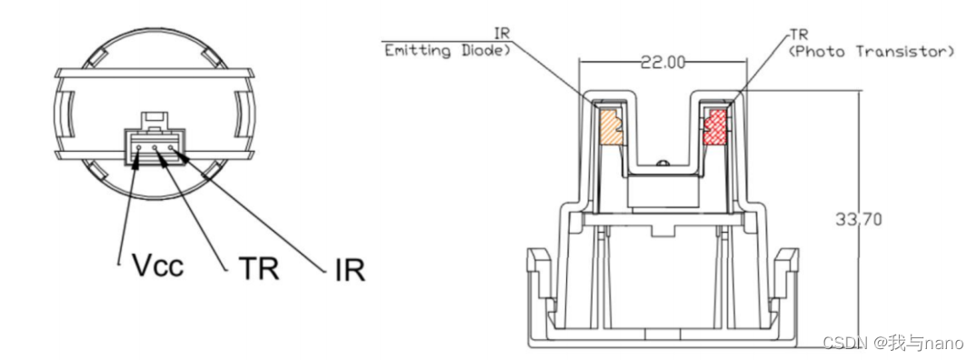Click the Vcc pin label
click(157, 266)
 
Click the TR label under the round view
click(259, 268)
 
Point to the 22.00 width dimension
click(663, 62)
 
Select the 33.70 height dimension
click(858, 219)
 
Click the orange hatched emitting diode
click(612, 127)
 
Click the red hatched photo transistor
click(714, 127)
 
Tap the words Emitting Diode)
click(447, 51)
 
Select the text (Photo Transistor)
click(871, 52)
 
